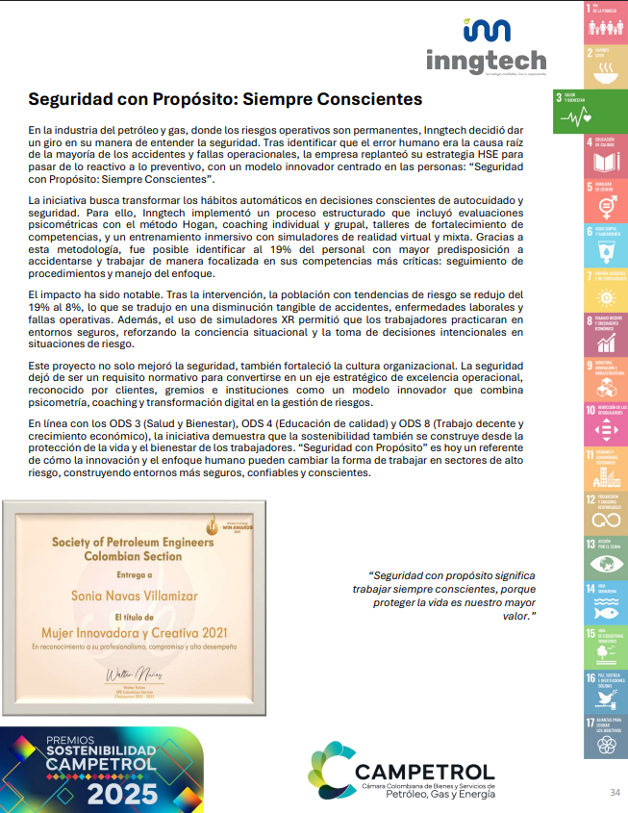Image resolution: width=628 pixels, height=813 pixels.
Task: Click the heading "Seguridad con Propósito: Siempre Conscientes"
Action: pyautogui.click(x=225, y=99)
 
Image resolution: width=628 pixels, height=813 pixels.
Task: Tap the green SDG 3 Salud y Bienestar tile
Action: pyautogui.click(x=590, y=112)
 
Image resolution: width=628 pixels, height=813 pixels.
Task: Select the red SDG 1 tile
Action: pyautogui.click(x=605, y=22)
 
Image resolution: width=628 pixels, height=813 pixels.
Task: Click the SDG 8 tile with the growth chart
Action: pyautogui.click(x=605, y=332)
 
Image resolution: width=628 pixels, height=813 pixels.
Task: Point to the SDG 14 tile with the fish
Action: pyautogui.click(x=605, y=598)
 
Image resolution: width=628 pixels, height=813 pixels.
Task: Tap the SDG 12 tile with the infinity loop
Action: pyautogui.click(x=605, y=510)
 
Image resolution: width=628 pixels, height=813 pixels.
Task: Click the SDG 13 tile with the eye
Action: pyautogui.click(x=605, y=555)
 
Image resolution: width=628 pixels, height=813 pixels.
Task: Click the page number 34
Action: pyautogui.click(x=615, y=792)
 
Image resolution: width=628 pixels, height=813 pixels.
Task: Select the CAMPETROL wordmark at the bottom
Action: pyautogui.click(x=424, y=772)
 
